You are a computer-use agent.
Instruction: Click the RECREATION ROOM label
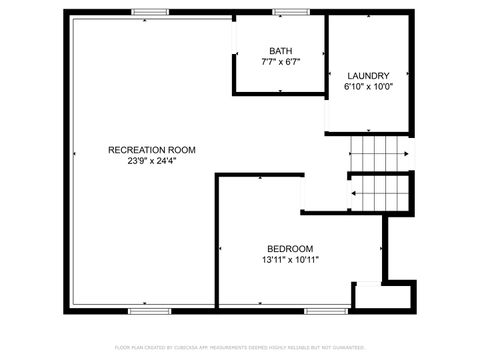pos(152,149)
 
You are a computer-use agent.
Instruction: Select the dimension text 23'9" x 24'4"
pos(152,160)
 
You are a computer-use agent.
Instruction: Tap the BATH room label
pos(281,51)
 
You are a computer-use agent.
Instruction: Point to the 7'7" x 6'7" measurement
pos(281,62)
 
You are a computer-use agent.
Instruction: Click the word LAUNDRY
pos(368,76)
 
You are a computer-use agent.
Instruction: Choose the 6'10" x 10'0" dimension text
pos(368,87)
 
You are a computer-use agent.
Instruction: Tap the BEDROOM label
pos(290,249)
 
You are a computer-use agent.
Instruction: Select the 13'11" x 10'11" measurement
pos(290,260)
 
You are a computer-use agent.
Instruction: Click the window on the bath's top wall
pos(290,12)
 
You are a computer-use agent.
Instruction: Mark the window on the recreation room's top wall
pos(149,12)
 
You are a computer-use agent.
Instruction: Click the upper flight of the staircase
pos(379,154)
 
